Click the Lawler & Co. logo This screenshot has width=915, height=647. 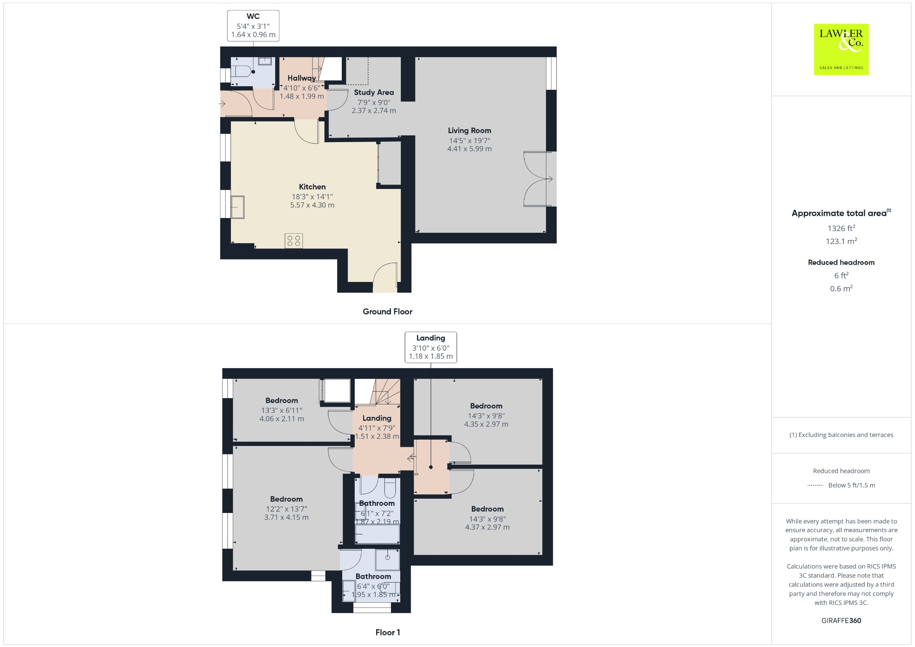tap(841, 49)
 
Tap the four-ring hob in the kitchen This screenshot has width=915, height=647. tap(294, 241)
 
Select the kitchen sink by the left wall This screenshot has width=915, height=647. tap(238, 207)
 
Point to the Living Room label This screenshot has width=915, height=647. tap(469, 130)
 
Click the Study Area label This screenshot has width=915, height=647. tap(374, 92)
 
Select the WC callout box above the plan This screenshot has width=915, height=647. tap(253, 25)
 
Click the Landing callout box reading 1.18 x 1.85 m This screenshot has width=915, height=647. tap(430, 347)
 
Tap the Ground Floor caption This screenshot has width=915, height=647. tap(387, 311)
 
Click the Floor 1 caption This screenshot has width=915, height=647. tap(387, 632)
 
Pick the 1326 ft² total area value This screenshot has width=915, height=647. tap(841, 228)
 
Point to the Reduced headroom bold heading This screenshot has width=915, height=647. tap(841, 262)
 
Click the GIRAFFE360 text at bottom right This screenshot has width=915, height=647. tap(841, 620)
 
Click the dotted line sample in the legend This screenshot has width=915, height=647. tap(815, 485)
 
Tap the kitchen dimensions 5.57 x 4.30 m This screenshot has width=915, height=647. tap(312, 205)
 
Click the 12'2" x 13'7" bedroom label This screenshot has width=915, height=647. tap(286, 508)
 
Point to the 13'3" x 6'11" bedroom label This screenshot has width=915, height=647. tap(281, 410)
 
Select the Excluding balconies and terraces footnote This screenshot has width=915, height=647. tap(841, 435)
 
